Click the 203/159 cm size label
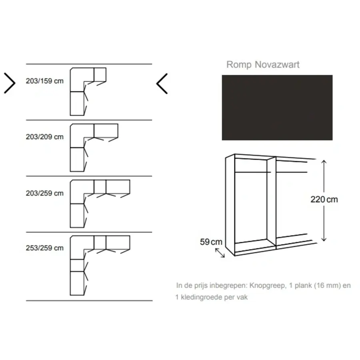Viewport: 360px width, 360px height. point(44,81)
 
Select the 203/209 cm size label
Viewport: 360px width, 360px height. point(44,137)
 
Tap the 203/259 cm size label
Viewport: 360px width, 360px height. point(44,193)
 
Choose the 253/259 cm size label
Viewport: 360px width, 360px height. point(44,248)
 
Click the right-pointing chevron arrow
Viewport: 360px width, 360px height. point(10,83)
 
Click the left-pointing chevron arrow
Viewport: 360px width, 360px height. point(162,84)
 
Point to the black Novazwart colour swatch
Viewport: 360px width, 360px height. point(277,108)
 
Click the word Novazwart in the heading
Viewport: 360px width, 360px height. point(277,64)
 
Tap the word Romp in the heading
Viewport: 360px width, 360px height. point(239,65)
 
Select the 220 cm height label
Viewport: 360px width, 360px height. point(324,199)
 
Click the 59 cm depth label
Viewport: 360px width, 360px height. point(211,242)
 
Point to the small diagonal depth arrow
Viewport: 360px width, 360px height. point(220,253)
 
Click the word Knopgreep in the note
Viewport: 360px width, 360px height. point(268,286)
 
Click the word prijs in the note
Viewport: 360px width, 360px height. point(201,286)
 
